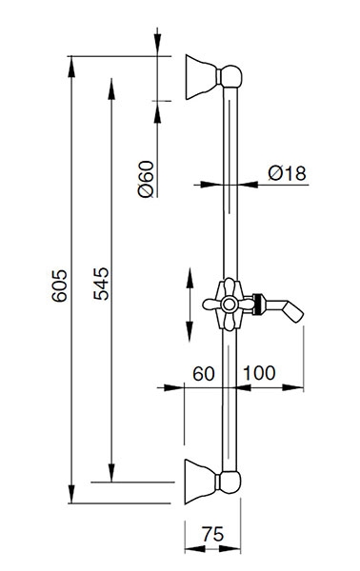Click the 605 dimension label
click(59, 285)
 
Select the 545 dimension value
click(101, 284)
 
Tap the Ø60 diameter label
click(146, 179)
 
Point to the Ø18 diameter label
click(287, 173)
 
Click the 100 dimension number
click(259, 373)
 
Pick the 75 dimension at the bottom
click(212, 534)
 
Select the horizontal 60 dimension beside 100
click(204, 374)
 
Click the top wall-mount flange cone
click(201, 77)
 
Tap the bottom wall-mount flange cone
click(200, 482)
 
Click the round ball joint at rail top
click(231, 76)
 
